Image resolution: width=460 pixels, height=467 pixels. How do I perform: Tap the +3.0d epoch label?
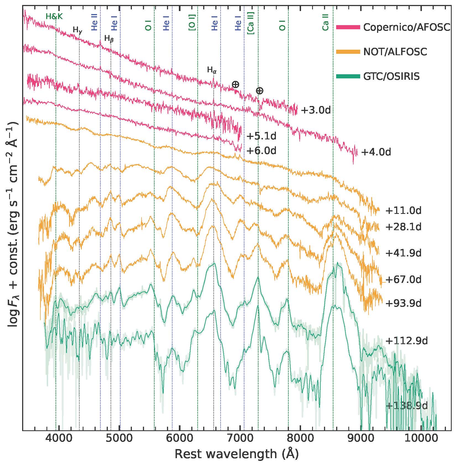(x=315, y=110)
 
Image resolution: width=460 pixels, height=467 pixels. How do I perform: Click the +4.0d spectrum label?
(x=376, y=152)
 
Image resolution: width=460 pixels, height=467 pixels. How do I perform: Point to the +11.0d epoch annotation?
(x=403, y=211)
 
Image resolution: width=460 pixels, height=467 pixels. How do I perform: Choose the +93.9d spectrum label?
(x=403, y=303)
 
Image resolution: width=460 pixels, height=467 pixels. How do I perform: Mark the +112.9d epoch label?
(x=406, y=341)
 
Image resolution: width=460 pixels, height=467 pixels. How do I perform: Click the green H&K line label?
(x=54, y=17)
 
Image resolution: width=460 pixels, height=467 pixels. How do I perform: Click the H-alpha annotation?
(x=212, y=70)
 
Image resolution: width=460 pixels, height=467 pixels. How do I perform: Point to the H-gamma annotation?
(x=77, y=30)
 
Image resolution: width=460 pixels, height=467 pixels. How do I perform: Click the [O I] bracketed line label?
(x=192, y=23)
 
